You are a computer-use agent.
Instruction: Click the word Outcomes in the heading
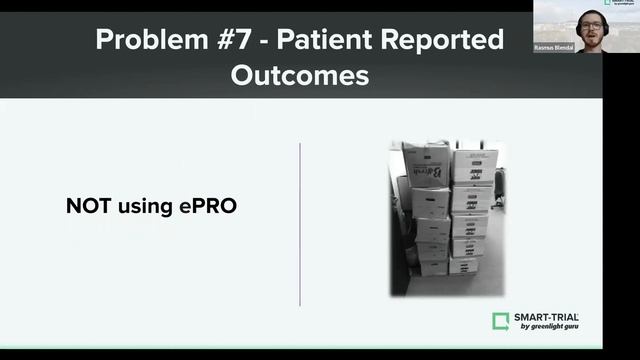(x=300, y=75)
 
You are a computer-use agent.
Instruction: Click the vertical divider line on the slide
(x=300, y=224)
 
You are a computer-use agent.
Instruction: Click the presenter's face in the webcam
(x=590, y=25)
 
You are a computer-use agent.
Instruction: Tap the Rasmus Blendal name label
(x=555, y=47)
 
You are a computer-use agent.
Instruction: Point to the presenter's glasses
(x=590, y=23)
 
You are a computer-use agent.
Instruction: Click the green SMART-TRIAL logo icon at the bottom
(x=501, y=321)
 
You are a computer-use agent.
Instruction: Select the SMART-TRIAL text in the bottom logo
(x=546, y=317)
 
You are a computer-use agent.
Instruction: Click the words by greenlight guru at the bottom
(x=546, y=327)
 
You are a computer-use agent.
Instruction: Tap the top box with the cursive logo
(x=426, y=166)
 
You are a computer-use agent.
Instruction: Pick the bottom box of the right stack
(x=463, y=266)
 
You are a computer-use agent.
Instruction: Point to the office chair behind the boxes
(x=498, y=185)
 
